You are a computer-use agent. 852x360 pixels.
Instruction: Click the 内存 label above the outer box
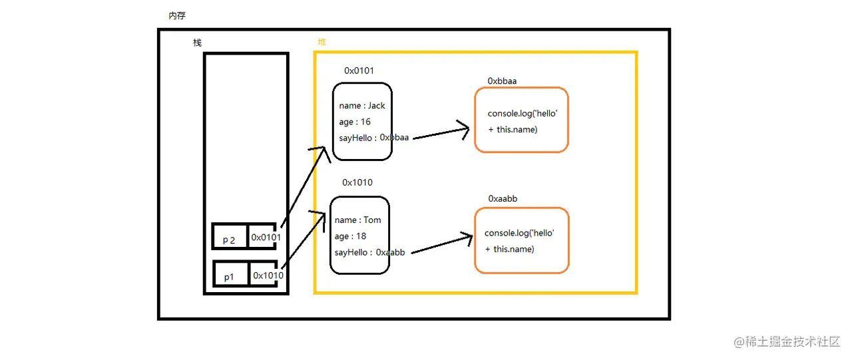coord(177,15)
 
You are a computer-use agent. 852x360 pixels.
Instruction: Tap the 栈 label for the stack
coord(197,43)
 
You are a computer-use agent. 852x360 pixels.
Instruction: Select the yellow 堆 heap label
coord(322,42)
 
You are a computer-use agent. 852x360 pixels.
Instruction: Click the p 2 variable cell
coord(230,240)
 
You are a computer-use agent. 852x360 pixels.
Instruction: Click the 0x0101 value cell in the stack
coord(266,238)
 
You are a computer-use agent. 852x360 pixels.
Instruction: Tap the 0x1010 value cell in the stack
coord(268,275)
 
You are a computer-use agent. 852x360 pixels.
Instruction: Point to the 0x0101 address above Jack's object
coord(359,71)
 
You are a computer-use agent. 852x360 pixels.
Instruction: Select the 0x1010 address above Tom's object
coord(357,182)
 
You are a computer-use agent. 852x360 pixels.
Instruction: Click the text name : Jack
coord(362,105)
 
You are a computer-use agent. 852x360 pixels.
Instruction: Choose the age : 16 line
coord(355,122)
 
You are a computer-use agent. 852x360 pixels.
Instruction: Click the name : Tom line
coord(358,220)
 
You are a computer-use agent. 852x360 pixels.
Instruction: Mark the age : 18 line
coord(351,236)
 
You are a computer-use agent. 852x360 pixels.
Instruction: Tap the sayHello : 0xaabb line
coord(369,252)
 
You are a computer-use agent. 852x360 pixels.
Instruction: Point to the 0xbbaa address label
coord(502,81)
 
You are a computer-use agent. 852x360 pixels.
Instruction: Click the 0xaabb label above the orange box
coord(503,198)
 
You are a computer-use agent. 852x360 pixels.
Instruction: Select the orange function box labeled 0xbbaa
coord(521,120)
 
